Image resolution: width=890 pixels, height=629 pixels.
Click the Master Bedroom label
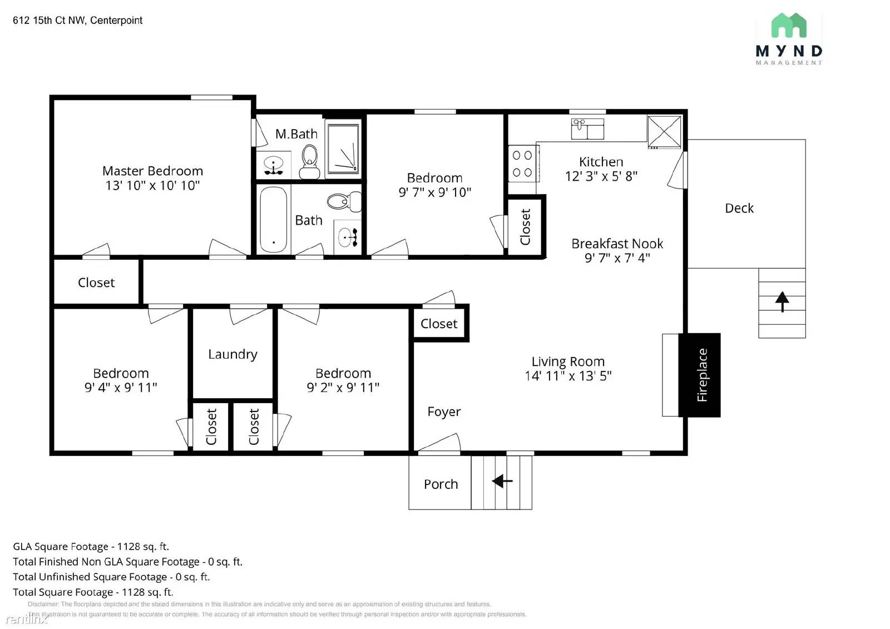pos(152,171)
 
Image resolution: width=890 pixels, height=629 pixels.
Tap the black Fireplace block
pos(699,375)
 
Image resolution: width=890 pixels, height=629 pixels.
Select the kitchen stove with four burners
pos(523,164)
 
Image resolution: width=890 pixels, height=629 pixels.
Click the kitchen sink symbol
pos(587,128)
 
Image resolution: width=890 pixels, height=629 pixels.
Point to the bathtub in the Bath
pos(273,219)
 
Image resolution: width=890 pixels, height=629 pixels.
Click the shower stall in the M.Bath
pos(343,148)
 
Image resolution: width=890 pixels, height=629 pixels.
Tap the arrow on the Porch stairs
pos(502,481)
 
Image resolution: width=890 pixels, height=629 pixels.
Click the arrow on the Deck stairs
pos(782,301)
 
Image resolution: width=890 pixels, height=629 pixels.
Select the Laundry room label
pos(233,354)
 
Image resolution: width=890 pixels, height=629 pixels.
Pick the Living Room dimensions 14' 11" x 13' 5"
pos(568,376)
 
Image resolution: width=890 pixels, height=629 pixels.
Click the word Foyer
pos(444,412)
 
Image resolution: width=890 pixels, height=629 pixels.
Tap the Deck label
pos(739,208)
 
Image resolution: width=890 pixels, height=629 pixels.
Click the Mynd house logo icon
pos(789,25)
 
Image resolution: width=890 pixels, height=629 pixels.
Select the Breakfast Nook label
pos(617,244)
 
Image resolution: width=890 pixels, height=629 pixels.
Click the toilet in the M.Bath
pos(309,162)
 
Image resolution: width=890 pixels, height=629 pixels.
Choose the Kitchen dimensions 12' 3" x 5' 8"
pos(601,176)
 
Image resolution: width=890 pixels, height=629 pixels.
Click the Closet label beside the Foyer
pos(439,324)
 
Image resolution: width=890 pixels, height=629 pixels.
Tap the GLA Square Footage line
pos(91,547)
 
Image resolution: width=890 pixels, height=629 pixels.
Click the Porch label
pos(441,484)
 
